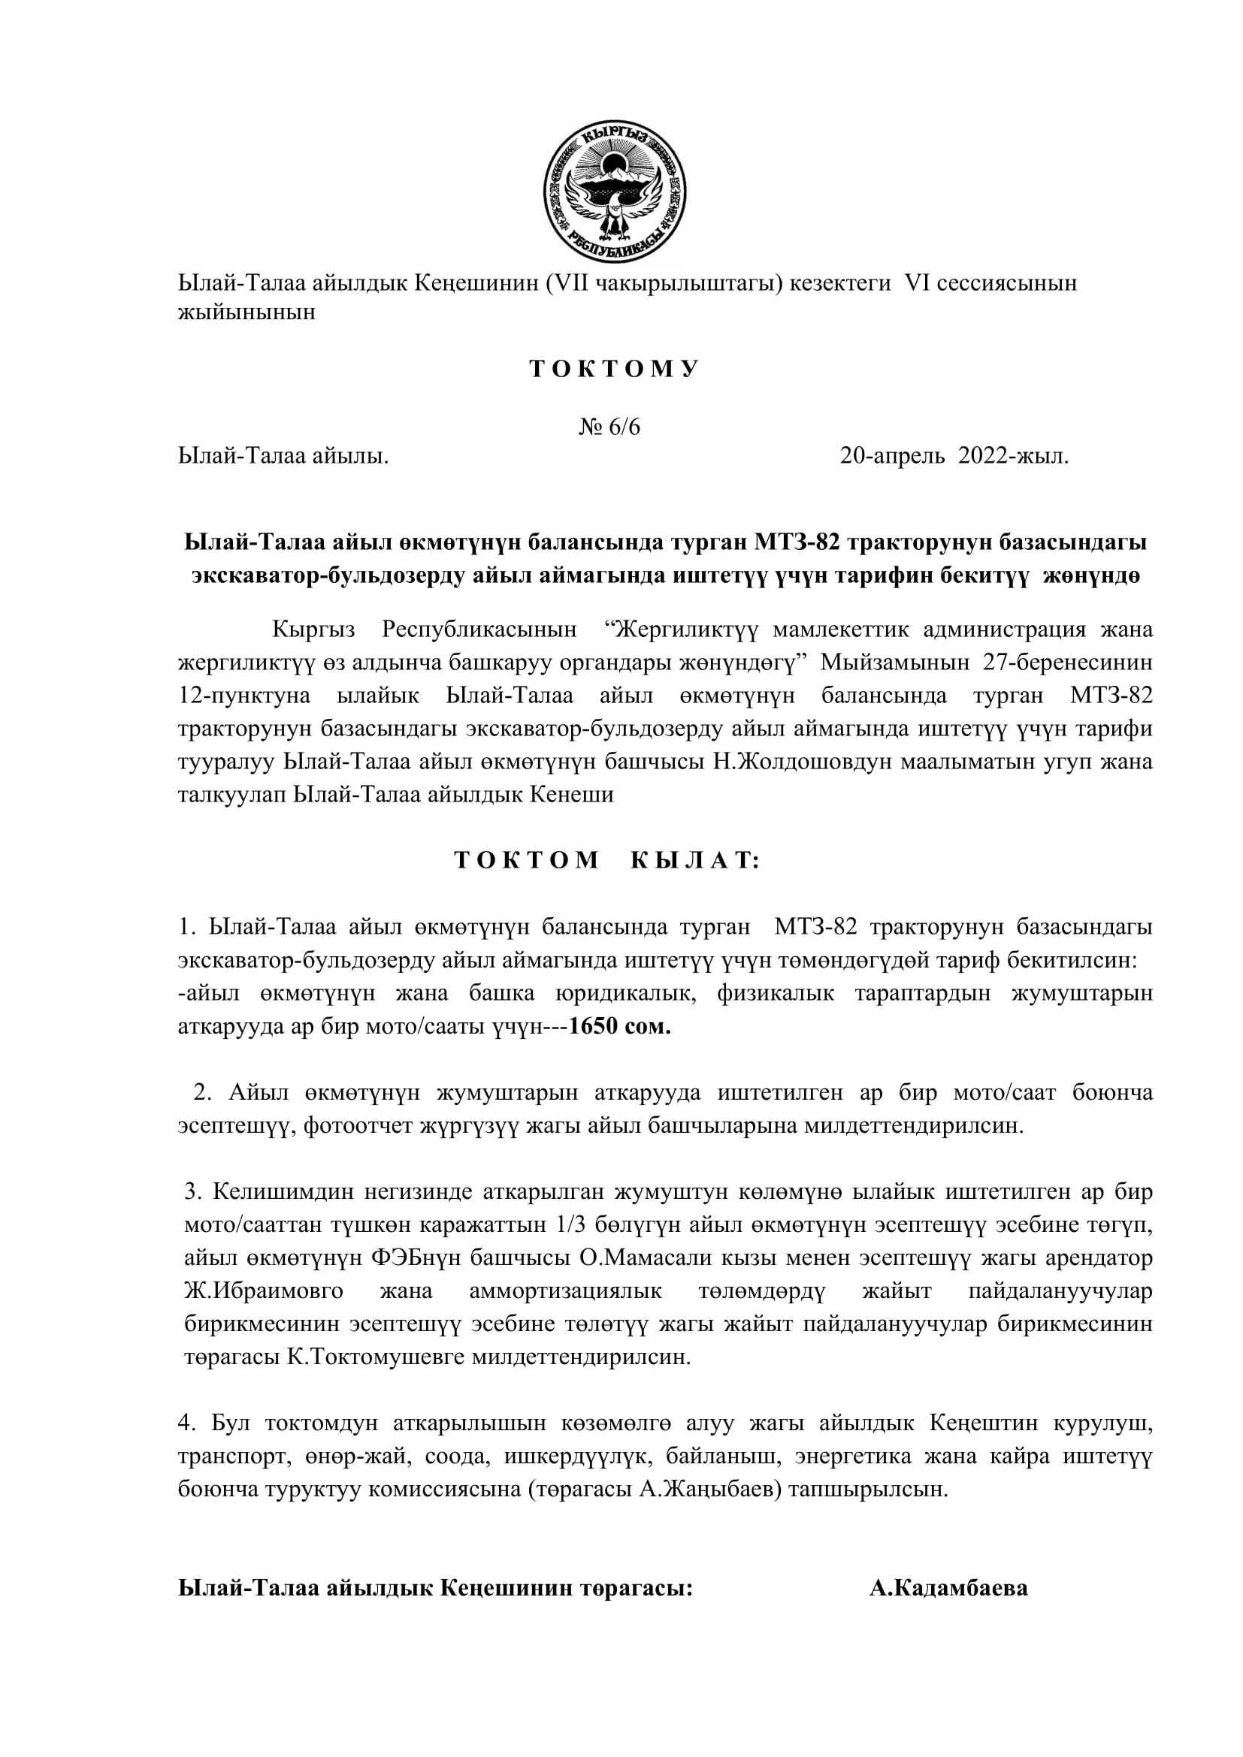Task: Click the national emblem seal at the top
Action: coord(614,192)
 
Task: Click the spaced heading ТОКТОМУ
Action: coord(614,370)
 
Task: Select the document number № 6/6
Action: coord(609,427)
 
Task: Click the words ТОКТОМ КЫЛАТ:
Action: coord(606,861)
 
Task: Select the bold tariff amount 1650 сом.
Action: coord(620,1027)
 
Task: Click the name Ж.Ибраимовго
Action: coord(264,1292)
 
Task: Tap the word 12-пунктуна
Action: coord(244,696)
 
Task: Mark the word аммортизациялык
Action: coord(566,1292)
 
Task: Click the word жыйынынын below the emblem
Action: coord(246,313)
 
